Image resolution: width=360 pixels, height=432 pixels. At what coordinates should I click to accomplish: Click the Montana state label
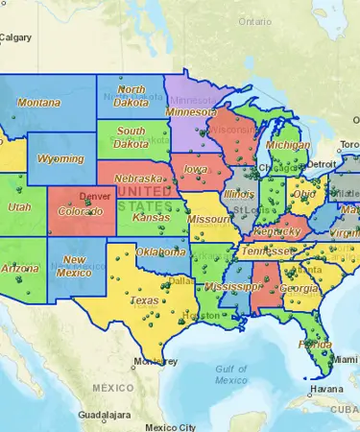[38, 103]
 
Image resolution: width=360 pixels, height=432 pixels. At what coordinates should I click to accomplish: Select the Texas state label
[144, 300]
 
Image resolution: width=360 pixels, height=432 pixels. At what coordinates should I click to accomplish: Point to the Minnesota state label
[191, 112]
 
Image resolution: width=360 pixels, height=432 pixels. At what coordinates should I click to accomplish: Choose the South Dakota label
[132, 138]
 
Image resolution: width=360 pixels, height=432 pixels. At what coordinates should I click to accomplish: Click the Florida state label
[315, 345]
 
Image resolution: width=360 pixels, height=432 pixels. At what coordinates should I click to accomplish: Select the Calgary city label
[16, 37]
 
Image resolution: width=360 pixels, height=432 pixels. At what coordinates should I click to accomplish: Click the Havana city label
[325, 390]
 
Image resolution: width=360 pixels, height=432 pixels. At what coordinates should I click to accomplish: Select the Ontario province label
[255, 20]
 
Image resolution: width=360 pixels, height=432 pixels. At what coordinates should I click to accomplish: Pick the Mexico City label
[169, 426]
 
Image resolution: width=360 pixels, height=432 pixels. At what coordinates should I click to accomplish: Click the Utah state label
[19, 207]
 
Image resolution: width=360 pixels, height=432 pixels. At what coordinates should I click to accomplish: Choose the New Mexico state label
[74, 266]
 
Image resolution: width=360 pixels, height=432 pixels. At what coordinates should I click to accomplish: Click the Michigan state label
[287, 145]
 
